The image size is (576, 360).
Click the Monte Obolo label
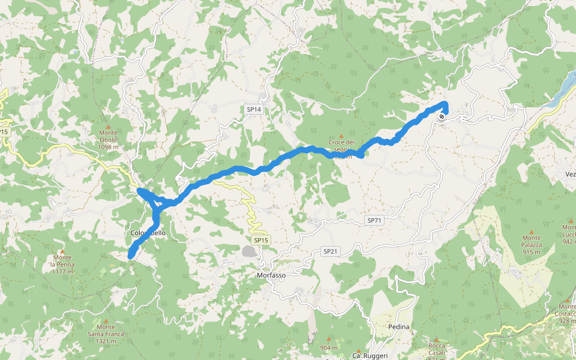109,136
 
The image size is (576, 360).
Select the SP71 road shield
374,220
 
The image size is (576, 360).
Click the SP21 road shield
331,251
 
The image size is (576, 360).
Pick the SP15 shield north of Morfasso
260,240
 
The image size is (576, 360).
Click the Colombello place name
147,233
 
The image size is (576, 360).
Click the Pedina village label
398,327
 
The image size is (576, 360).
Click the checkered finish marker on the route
442,116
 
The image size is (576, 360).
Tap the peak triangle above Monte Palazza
531,231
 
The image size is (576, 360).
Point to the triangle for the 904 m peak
328,339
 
